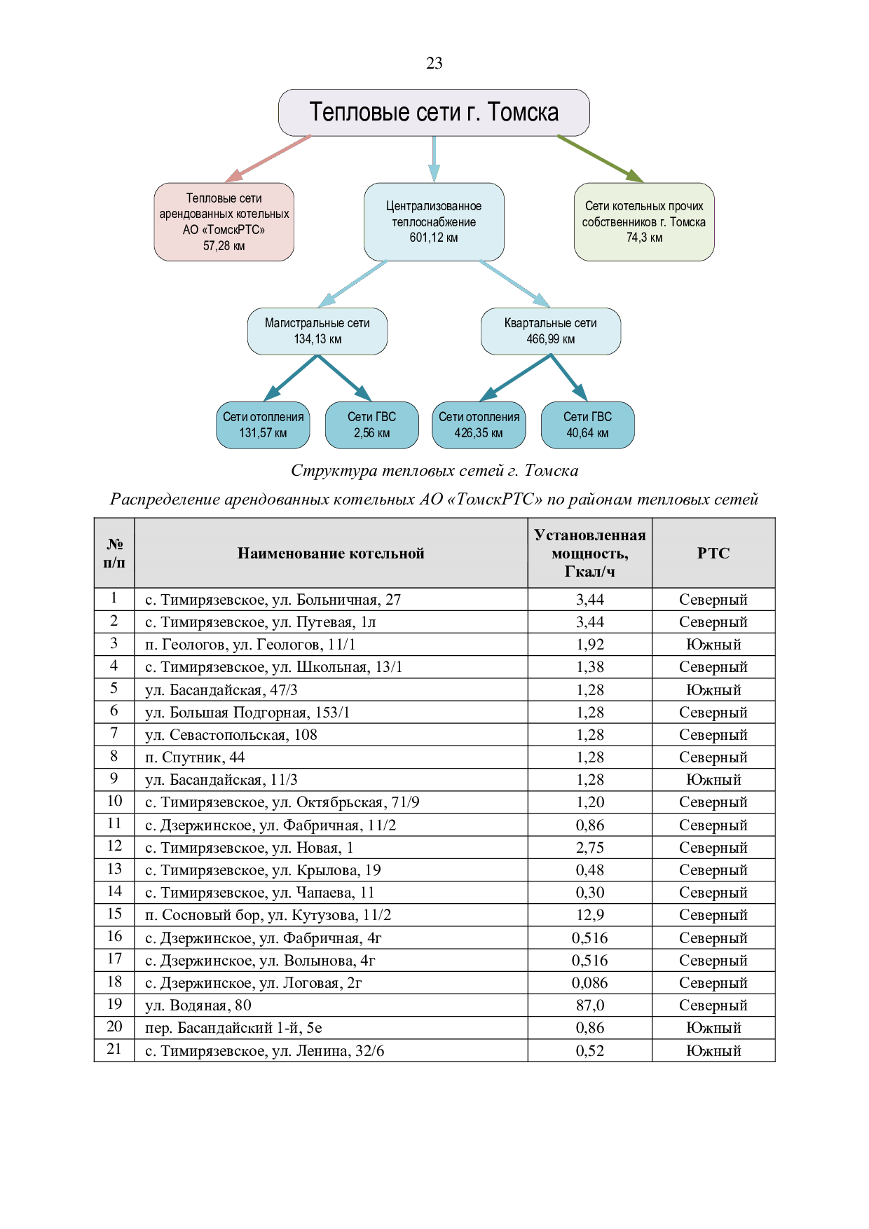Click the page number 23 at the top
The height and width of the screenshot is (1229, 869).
434,63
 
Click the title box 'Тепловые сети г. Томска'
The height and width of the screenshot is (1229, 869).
434,112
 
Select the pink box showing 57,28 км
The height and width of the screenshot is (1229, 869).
224,222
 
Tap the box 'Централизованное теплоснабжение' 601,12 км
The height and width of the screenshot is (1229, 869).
434,222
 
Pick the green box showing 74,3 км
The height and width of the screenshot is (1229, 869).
644,222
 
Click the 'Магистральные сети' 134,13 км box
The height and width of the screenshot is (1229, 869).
317,331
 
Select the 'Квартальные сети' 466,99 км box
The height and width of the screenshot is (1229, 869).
551,331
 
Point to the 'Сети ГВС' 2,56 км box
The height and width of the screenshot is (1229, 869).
371,425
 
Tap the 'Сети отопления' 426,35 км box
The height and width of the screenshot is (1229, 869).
479,425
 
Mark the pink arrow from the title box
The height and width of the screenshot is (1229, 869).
268,158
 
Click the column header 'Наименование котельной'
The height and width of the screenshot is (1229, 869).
331,554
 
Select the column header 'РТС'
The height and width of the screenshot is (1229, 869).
713,554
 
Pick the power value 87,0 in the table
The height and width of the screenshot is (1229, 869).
589,1005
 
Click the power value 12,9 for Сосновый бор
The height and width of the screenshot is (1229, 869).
589,915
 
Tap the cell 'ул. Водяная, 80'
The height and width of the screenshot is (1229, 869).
198,1005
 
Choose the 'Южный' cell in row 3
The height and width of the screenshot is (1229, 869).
713,645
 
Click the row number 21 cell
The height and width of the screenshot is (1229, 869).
114,1050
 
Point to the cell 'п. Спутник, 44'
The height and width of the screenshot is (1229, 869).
195,757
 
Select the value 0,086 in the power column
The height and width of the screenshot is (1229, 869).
589,983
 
